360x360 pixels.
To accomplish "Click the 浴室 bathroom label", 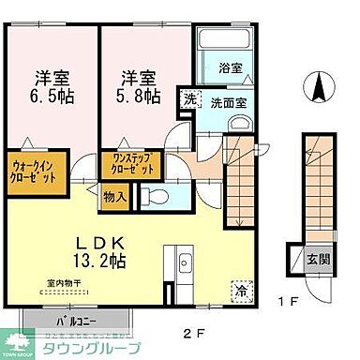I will point(230,68).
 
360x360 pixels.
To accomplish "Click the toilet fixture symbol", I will point(154,197).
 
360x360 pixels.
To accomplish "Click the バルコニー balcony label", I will point(60,322).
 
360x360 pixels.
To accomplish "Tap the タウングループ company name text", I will point(88,348).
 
